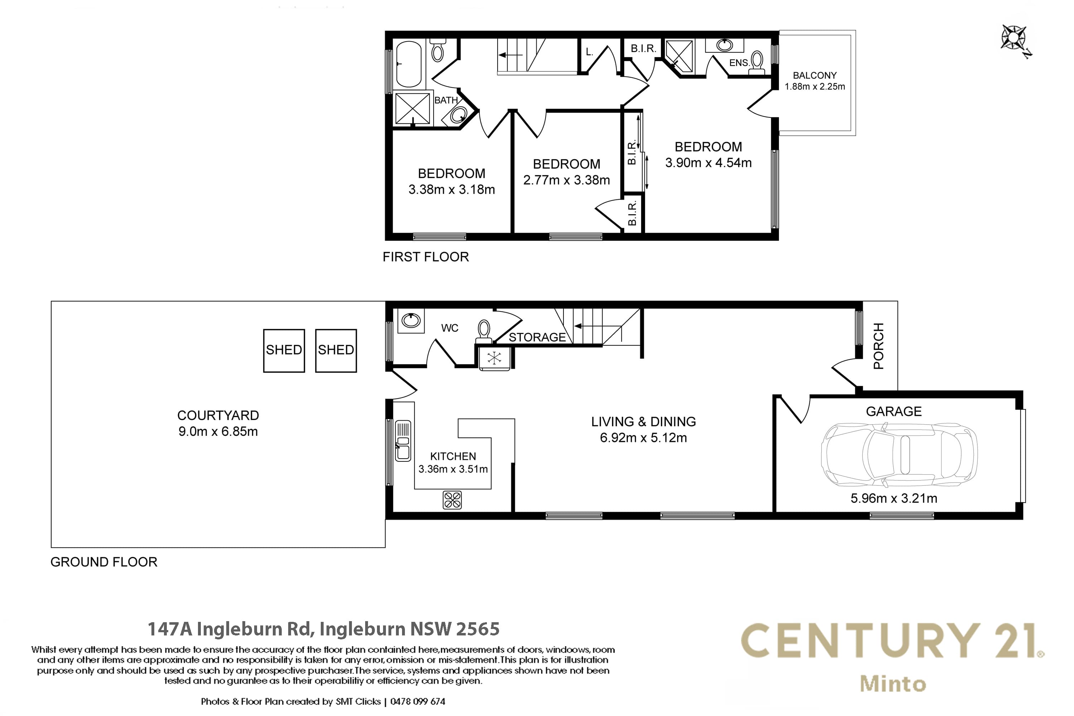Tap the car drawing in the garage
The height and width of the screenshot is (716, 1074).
(899, 455)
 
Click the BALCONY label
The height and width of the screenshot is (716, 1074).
(815, 75)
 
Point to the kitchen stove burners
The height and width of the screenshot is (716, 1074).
(452, 500)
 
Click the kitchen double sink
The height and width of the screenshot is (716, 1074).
(403, 441)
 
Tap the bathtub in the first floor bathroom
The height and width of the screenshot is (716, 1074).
(409, 64)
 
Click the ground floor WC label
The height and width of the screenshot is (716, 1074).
(450, 328)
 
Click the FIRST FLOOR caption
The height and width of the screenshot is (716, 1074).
(426, 257)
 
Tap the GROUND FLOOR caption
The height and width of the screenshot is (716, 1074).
(104, 562)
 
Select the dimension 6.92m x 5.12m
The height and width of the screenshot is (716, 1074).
(643, 437)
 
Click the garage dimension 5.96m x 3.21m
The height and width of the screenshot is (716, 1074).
(894, 498)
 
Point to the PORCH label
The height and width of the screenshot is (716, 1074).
(879, 346)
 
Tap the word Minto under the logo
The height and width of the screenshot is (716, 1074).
(893, 683)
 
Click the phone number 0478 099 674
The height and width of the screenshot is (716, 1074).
(418, 701)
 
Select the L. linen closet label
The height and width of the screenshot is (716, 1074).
(590, 52)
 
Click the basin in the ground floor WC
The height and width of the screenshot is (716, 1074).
(411, 320)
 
